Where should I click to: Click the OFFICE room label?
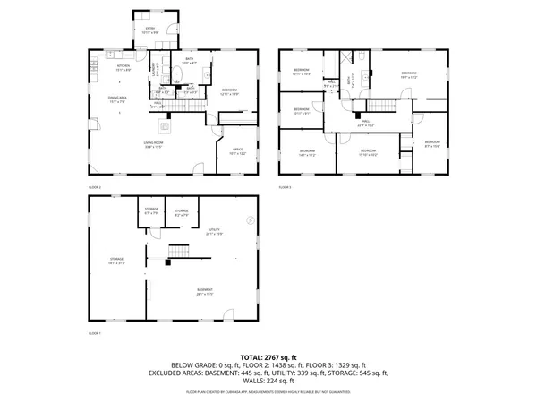point(238,151)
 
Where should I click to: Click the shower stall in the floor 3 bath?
point(346,57)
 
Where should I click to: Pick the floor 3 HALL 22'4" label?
point(364,125)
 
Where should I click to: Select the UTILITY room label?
point(215,231)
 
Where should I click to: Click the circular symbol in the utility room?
point(251,219)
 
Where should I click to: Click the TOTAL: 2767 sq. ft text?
point(268,356)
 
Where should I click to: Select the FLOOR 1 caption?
point(94,333)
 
